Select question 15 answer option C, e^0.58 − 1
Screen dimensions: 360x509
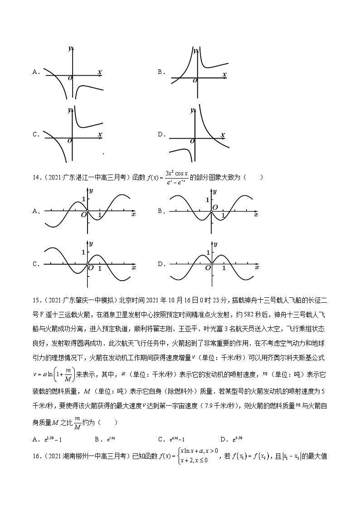pyautogui.click(x=176, y=439)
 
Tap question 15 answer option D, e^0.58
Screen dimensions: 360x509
pyautogui.click(x=236, y=439)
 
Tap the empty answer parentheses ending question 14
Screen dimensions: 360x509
pyautogui.click(x=253, y=177)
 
